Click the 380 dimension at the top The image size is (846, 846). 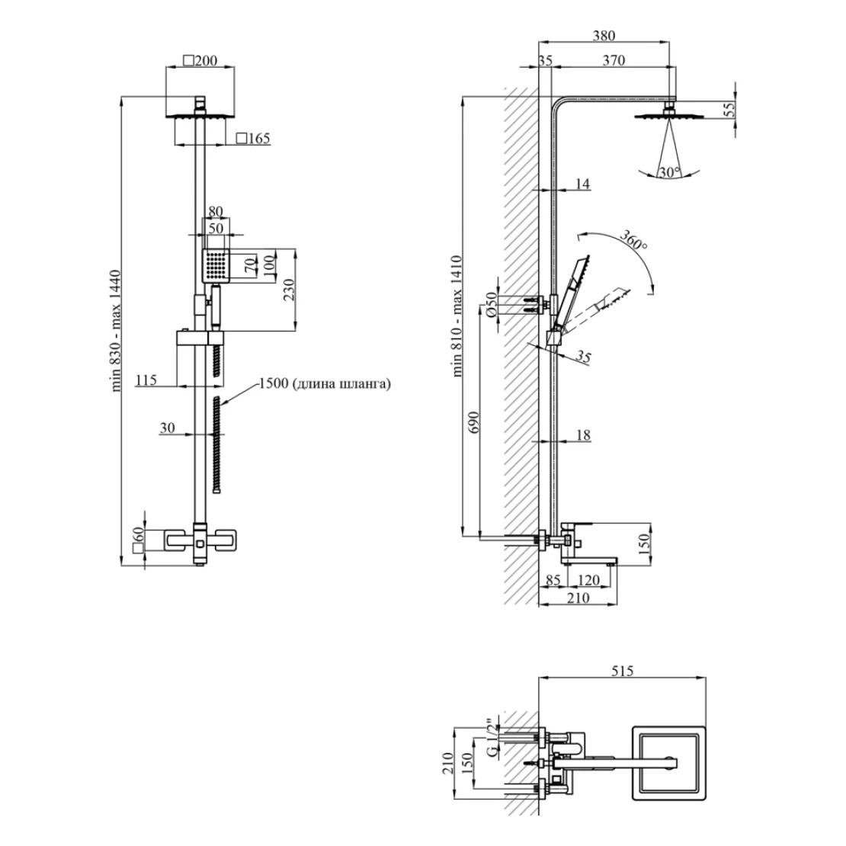(604, 35)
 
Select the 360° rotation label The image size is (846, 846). (633, 242)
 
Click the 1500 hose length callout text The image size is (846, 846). (325, 384)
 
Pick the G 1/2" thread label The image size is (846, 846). (494, 735)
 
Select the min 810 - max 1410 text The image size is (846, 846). (457, 316)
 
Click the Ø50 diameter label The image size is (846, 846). (492, 304)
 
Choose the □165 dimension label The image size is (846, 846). (253, 139)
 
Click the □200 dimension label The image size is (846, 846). (200, 61)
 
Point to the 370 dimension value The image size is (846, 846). (614, 61)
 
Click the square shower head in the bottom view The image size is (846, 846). (668, 763)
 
